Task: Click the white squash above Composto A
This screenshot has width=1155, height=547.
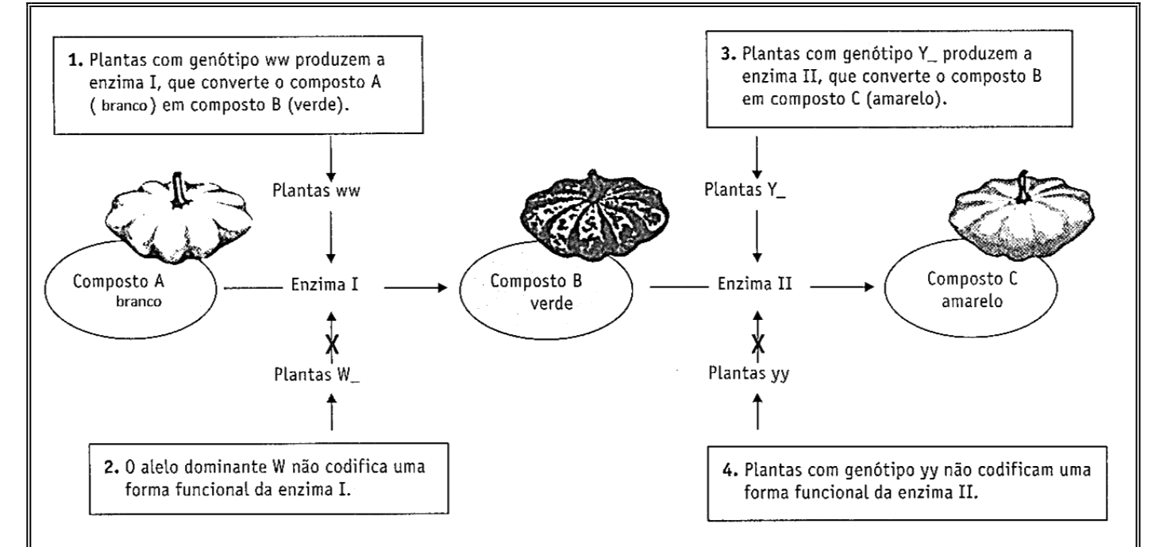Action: pyautogui.click(x=179, y=217)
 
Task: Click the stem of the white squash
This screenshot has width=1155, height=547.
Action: pyautogui.click(x=179, y=190)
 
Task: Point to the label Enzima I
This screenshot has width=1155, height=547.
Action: pyautogui.click(x=325, y=284)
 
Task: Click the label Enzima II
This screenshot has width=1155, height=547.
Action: pyautogui.click(x=754, y=283)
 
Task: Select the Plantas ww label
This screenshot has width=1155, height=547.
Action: pyautogui.click(x=316, y=191)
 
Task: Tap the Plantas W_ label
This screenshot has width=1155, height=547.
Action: pyautogui.click(x=317, y=375)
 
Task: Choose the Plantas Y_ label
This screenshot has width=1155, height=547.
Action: pyautogui.click(x=745, y=191)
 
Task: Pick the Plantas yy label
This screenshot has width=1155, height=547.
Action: pyautogui.click(x=749, y=373)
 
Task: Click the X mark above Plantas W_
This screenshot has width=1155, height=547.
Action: pyautogui.click(x=332, y=344)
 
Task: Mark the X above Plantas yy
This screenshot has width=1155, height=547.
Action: pyautogui.click(x=758, y=343)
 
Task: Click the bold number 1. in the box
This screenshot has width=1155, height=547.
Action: pyautogui.click(x=75, y=60)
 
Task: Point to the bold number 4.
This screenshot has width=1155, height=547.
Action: pyautogui.click(x=729, y=470)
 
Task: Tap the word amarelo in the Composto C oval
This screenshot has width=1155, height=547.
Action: pyautogui.click(x=972, y=301)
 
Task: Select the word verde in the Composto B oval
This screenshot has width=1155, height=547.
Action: pyautogui.click(x=551, y=303)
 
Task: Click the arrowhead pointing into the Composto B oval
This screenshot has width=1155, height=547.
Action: pyautogui.click(x=442, y=287)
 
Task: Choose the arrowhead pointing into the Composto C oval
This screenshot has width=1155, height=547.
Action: pyautogui.click(x=868, y=287)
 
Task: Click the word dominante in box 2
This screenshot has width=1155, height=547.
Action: pyautogui.click(x=226, y=467)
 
